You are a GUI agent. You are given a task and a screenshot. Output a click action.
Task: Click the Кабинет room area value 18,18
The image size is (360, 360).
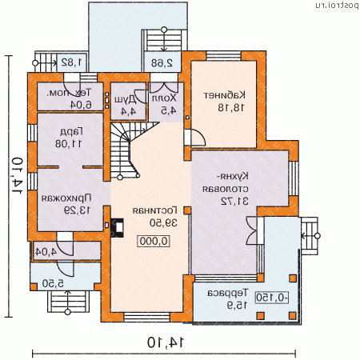(x=221, y=106)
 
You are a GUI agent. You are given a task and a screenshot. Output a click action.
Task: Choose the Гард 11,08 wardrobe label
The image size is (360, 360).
(x=61, y=138)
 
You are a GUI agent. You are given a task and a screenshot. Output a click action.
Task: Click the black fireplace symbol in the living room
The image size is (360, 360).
(x=118, y=228)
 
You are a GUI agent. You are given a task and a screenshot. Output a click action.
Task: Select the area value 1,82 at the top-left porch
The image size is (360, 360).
(x=71, y=61)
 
